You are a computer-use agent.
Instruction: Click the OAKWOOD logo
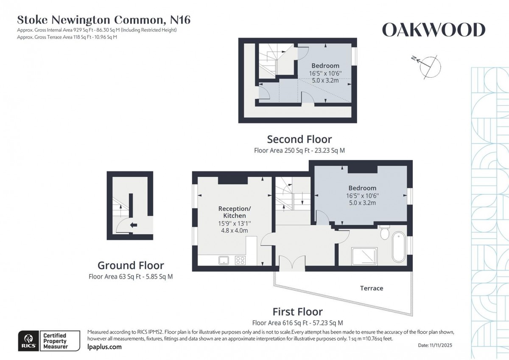point(433,30)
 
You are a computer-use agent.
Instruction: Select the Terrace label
point(372,288)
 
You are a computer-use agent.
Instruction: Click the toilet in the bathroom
point(385,233)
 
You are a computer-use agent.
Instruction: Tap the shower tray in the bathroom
point(364,256)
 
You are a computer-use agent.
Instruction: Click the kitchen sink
point(224,260)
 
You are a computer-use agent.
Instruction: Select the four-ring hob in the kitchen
point(240,260)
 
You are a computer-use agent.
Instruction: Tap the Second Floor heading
point(299,139)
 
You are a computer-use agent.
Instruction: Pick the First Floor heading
point(297,312)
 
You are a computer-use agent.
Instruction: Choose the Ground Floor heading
point(131,266)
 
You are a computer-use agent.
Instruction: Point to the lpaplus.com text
point(104,347)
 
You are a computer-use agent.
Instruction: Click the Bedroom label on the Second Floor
point(325,66)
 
